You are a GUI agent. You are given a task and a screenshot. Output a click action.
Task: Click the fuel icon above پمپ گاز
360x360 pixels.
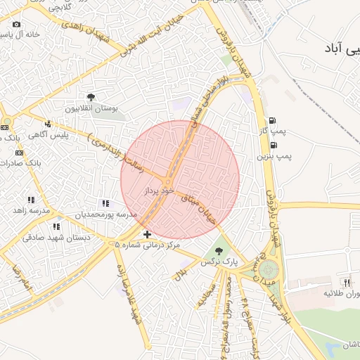click(x=272, y=120)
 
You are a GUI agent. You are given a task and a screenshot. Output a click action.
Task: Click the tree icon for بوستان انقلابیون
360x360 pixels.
click(x=91, y=97)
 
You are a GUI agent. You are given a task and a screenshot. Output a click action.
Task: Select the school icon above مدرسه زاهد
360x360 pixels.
click(x=31, y=200)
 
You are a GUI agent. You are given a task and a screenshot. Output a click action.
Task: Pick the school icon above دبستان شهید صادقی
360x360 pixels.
click(x=56, y=226)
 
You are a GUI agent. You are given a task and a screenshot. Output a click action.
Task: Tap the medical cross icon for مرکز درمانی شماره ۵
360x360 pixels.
click(x=147, y=234)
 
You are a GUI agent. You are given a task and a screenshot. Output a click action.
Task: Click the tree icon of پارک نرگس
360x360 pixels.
click(x=219, y=250)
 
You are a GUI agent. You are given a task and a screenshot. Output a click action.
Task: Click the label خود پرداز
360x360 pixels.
click(x=157, y=191)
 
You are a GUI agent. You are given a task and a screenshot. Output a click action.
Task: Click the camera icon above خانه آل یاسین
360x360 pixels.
click(x=16, y=24)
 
